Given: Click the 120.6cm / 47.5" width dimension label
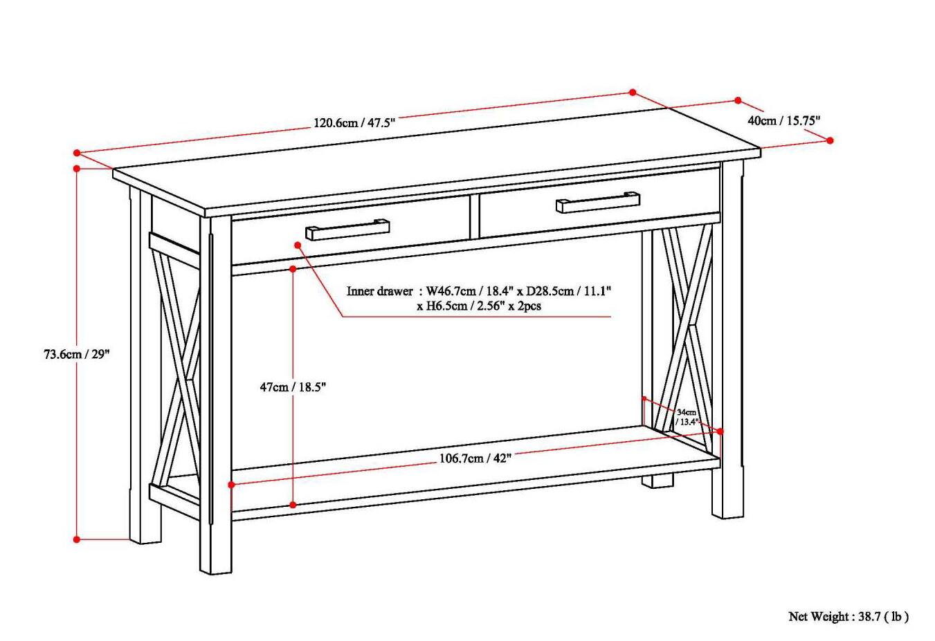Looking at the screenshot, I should (x=354, y=123).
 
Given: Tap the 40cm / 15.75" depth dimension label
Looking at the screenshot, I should (x=783, y=120).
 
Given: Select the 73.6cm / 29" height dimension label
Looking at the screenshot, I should (x=77, y=354).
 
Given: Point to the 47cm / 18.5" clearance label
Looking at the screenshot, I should (x=292, y=387).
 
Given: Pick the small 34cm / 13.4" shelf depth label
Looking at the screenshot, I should (x=687, y=417).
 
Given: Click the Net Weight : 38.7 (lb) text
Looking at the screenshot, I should (x=848, y=616).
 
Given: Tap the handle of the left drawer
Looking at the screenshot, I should (x=347, y=230).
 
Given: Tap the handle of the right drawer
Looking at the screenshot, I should (x=597, y=201).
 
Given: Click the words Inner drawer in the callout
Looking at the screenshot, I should (x=379, y=291).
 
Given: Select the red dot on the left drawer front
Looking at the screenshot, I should (x=298, y=245).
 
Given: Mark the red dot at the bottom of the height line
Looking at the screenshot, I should (x=77, y=539).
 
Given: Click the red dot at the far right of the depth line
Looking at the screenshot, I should (x=830, y=140).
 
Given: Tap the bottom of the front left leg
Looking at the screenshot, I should (x=215, y=568).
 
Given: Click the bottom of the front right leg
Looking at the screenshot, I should (x=728, y=513).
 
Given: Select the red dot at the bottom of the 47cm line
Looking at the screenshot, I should (x=293, y=505).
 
